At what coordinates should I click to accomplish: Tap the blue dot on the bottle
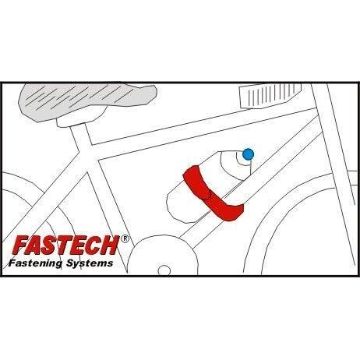(x=248, y=154)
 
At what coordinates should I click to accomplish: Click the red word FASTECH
(x=65, y=245)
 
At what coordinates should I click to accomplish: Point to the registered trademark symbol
(x=125, y=238)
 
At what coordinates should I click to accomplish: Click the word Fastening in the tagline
(x=35, y=263)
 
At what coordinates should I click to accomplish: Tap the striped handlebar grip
(x=270, y=95)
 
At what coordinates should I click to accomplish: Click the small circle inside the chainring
(x=164, y=270)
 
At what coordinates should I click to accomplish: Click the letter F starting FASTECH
(x=21, y=245)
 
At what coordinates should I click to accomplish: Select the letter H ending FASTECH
(x=110, y=245)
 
